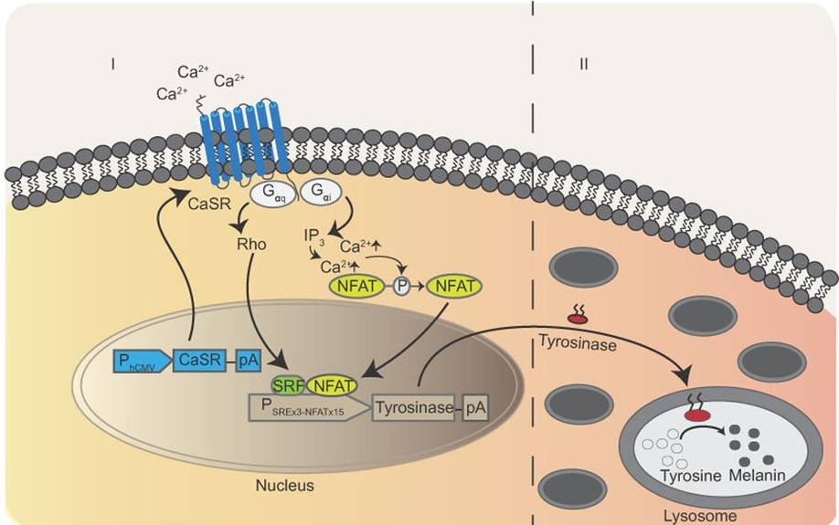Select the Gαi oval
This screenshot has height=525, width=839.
click(321, 193)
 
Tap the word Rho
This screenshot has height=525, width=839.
click(251, 245)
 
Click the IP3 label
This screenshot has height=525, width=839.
click(314, 236)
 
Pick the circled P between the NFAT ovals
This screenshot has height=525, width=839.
click(401, 287)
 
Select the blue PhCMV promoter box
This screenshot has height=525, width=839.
click(142, 361)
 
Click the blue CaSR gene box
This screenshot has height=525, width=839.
click(199, 361)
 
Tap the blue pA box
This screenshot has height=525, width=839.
click(249, 361)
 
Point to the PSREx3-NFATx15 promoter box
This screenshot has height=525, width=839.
click(309, 408)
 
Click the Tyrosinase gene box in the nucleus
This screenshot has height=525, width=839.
click(414, 407)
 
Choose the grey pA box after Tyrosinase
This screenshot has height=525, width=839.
click(475, 407)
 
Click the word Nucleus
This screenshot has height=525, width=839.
click(284, 486)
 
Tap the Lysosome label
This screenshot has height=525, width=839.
click(700, 516)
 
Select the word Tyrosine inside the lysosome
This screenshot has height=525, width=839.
click(691, 476)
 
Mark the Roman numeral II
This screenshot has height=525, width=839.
click(584, 64)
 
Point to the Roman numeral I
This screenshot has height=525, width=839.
click(113, 64)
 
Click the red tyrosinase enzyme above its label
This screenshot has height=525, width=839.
click(578, 319)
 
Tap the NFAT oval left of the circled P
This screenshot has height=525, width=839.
click(357, 287)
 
